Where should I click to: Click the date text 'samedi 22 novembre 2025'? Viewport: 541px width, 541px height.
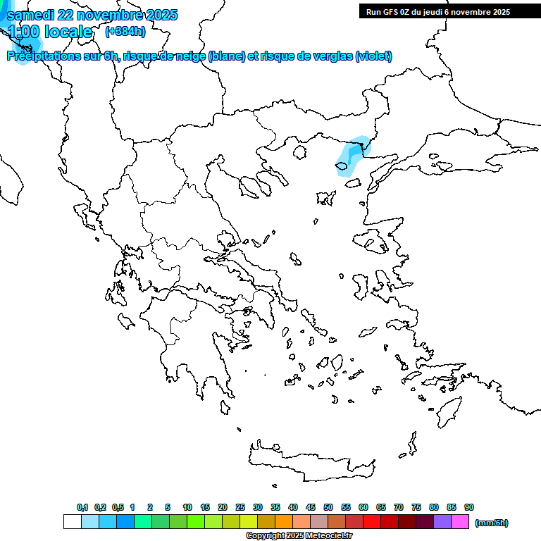[92, 15]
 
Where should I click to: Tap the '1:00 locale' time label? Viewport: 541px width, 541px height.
[49, 32]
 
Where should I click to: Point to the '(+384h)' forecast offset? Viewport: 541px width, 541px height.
[125, 32]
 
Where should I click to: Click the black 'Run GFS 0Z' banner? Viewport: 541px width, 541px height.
[435, 11]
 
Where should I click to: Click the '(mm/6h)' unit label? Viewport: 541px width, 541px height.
[491, 523]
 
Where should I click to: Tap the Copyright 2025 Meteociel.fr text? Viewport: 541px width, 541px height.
[299, 536]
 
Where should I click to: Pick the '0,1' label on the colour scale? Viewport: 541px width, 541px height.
[82, 507]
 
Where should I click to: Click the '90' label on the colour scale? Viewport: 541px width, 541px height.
[469, 507]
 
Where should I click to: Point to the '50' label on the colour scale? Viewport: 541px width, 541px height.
[328, 507]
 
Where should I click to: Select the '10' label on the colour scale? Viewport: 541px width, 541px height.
[187, 507]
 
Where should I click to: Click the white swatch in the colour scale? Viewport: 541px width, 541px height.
[72, 522]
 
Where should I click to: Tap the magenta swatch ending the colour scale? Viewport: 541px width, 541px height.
[460, 522]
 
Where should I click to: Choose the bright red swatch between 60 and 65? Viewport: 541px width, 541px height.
[372, 522]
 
